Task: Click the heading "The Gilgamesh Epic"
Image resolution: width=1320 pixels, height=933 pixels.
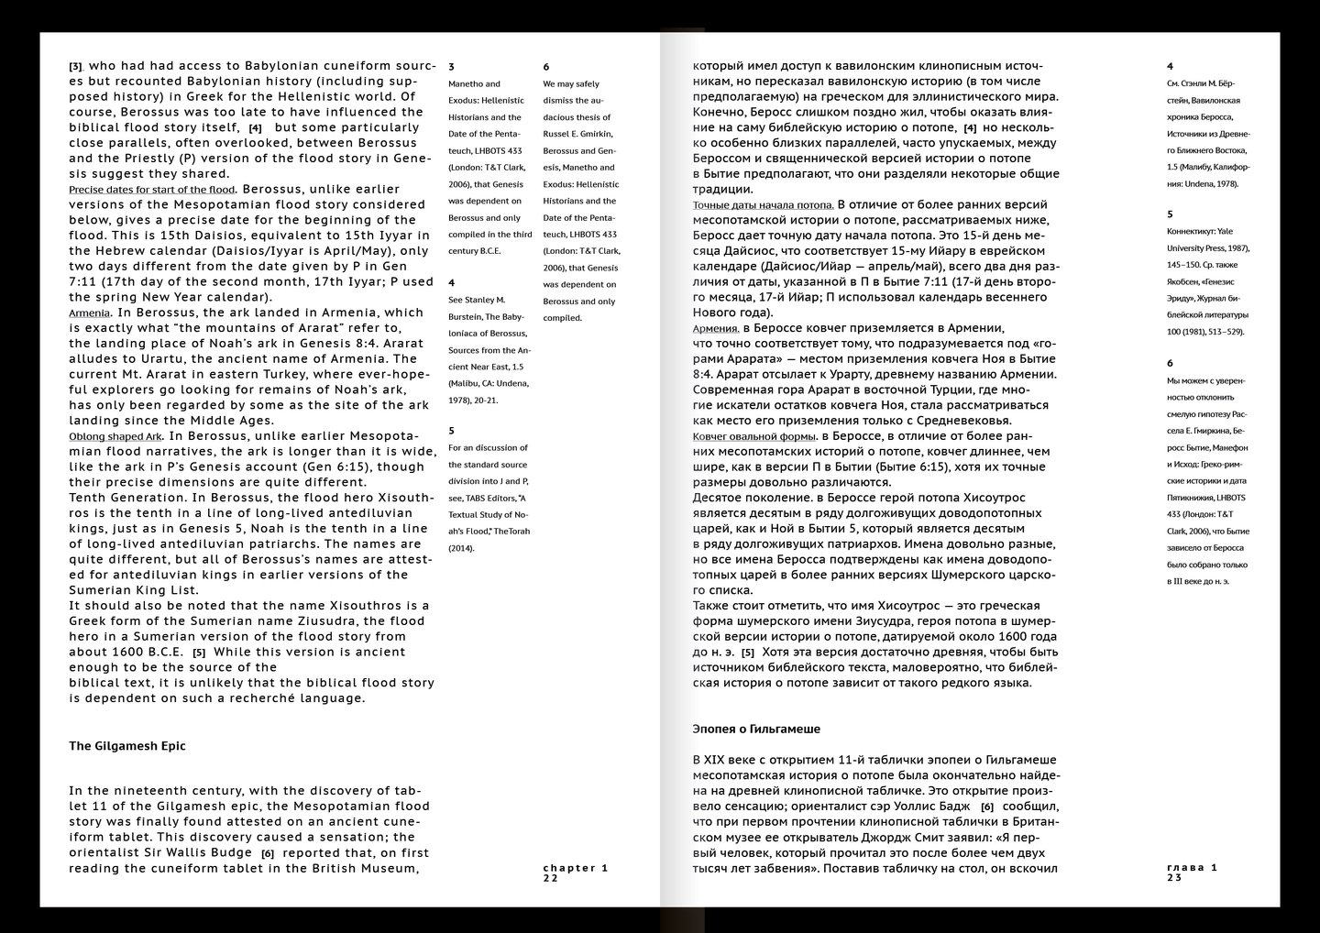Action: click(x=127, y=746)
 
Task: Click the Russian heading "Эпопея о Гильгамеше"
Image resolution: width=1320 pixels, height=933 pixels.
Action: click(x=756, y=730)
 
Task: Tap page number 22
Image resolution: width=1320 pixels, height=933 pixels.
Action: click(x=550, y=878)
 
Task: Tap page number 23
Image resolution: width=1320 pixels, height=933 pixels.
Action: click(x=1175, y=878)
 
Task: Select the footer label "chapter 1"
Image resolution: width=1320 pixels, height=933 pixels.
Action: click(x=576, y=867)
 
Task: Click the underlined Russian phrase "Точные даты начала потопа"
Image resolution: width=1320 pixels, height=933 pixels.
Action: click(x=763, y=205)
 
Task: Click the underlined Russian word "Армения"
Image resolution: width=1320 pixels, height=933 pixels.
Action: click(x=716, y=328)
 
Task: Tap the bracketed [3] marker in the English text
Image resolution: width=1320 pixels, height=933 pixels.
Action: click(x=76, y=66)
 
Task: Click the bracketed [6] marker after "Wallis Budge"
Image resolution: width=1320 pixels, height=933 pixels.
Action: click(x=268, y=853)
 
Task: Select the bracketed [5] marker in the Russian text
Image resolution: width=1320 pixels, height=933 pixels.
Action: click(x=748, y=653)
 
